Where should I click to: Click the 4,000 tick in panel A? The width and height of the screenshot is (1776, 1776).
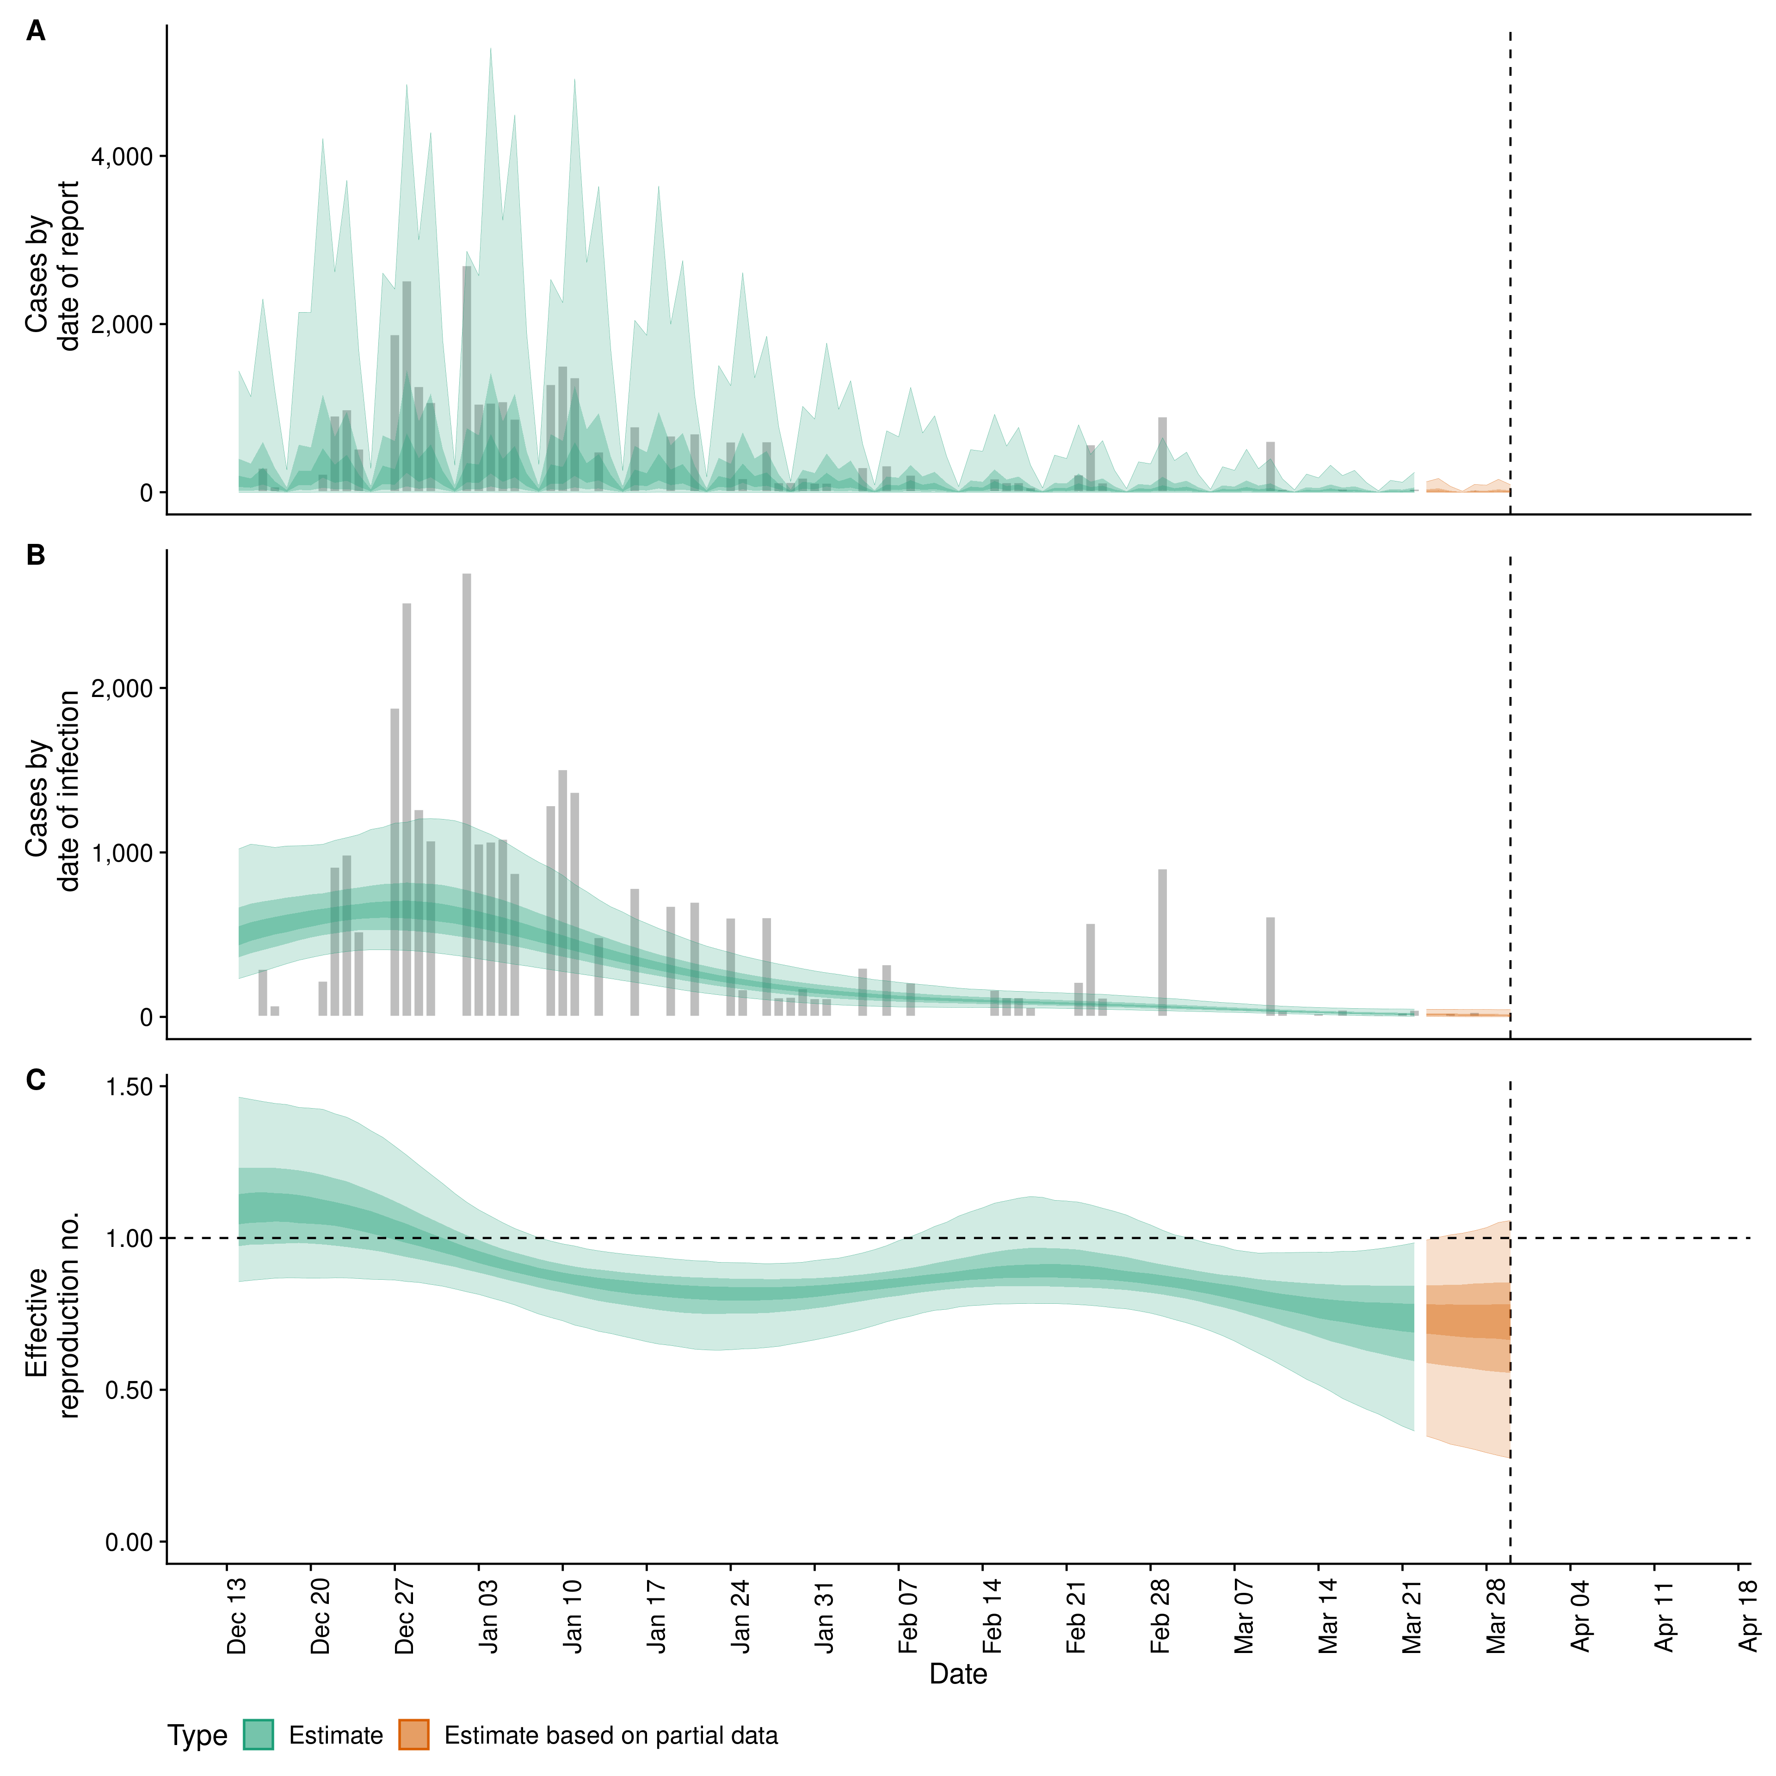click(x=121, y=156)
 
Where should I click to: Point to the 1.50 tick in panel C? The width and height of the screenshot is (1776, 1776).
click(x=129, y=1086)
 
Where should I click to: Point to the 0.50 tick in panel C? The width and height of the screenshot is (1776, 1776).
click(x=129, y=1390)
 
